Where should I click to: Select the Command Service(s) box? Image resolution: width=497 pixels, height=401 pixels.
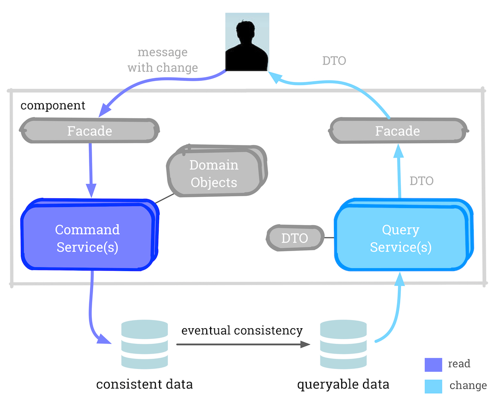88,238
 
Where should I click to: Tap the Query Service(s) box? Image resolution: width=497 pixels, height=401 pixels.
401,238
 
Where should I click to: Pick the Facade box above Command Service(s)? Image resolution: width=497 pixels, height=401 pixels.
90,131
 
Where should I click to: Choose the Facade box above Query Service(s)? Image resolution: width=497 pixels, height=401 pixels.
398,131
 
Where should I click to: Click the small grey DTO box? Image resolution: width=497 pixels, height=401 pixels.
295,238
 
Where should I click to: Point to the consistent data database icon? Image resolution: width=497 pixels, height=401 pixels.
145,344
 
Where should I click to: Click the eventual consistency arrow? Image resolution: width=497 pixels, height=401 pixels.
243,345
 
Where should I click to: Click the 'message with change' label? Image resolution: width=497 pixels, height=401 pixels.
163,60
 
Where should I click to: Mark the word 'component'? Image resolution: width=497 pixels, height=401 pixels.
53,105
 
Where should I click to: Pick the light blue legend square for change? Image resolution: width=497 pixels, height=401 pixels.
433,386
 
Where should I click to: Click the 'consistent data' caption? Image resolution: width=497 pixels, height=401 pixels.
145,385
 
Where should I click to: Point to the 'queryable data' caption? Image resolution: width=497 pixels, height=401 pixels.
343,385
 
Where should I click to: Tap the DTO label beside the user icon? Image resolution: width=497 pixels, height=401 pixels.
334,61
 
